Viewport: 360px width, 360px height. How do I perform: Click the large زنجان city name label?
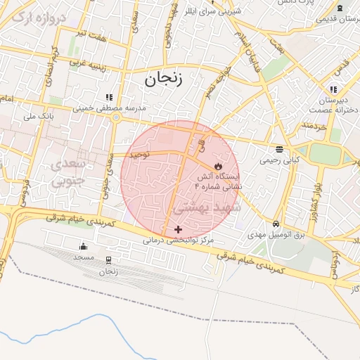pyautogui.click(x=163, y=79)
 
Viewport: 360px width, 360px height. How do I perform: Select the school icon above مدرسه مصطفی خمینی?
pyautogui.click(x=108, y=97)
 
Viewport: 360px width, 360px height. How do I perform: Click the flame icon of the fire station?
pyautogui.click(x=217, y=166)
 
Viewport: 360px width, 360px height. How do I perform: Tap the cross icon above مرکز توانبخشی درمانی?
pyautogui.click(x=178, y=229)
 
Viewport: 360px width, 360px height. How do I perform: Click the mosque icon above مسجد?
pyautogui.click(x=84, y=246)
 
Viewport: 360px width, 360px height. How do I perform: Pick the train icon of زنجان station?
pyautogui.click(x=108, y=260)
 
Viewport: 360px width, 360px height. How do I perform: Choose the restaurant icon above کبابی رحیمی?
pyautogui.click(x=279, y=149)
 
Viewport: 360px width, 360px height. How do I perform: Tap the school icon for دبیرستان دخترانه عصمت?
pyautogui.click(x=333, y=89)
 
